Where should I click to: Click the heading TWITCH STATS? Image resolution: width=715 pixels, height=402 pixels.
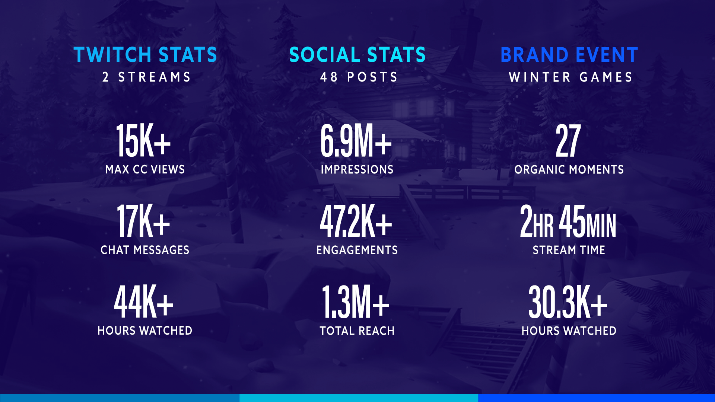145,55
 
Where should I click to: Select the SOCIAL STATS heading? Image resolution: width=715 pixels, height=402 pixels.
357,55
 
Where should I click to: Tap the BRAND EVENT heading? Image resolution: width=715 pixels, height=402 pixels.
569,55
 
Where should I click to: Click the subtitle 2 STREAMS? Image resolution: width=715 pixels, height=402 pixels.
146,77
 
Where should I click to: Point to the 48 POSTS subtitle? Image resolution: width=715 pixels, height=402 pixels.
359,77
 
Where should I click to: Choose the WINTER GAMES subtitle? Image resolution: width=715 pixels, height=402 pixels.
571,77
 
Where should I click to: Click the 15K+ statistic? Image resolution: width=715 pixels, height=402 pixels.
143,141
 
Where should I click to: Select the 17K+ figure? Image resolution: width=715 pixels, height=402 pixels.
143,221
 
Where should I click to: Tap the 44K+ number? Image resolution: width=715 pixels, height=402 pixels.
143,301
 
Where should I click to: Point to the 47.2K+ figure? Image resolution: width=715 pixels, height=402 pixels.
356,221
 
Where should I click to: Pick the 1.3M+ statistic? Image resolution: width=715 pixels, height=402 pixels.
356,301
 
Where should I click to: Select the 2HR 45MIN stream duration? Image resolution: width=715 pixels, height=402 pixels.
568,221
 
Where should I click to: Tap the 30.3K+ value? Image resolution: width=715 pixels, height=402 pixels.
568,301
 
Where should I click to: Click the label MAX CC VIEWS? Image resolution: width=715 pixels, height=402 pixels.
145,169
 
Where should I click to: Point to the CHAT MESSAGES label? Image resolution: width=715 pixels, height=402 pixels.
145,250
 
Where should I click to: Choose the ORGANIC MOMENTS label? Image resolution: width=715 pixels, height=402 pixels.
569,169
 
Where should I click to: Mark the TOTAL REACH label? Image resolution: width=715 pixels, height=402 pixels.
357,331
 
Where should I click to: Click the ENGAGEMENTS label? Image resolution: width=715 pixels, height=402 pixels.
357,250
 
